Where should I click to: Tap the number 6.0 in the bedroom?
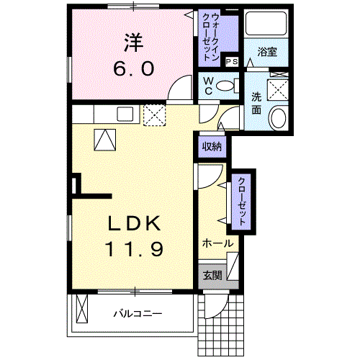[x=132, y=68]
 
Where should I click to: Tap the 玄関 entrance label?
[x=212, y=274]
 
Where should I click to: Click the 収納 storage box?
[x=211, y=147]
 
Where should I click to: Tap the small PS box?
[x=232, y=63]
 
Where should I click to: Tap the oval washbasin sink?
[x=276, y=118]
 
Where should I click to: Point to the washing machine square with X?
[x=277, y=90]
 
